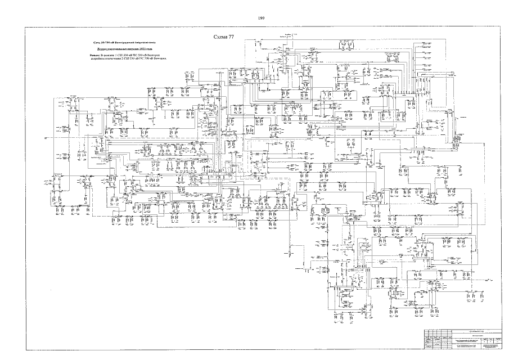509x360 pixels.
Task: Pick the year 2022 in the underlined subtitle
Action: (x=147, y=50)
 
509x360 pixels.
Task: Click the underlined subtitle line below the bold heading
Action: (x=124, y=50)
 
